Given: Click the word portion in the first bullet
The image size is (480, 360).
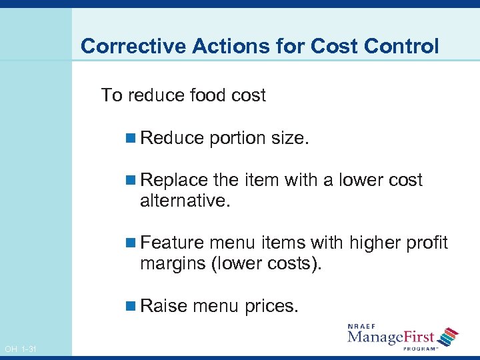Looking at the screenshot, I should pos(237,138).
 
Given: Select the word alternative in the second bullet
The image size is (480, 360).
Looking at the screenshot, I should pos(185,201).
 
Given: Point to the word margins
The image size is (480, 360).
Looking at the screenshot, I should pos(173,264).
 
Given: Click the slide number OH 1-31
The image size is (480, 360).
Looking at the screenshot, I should pos(20,349).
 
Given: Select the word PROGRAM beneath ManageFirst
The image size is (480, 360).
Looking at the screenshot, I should pos(419,347).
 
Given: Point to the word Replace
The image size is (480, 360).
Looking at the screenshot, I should pos(175,181).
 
